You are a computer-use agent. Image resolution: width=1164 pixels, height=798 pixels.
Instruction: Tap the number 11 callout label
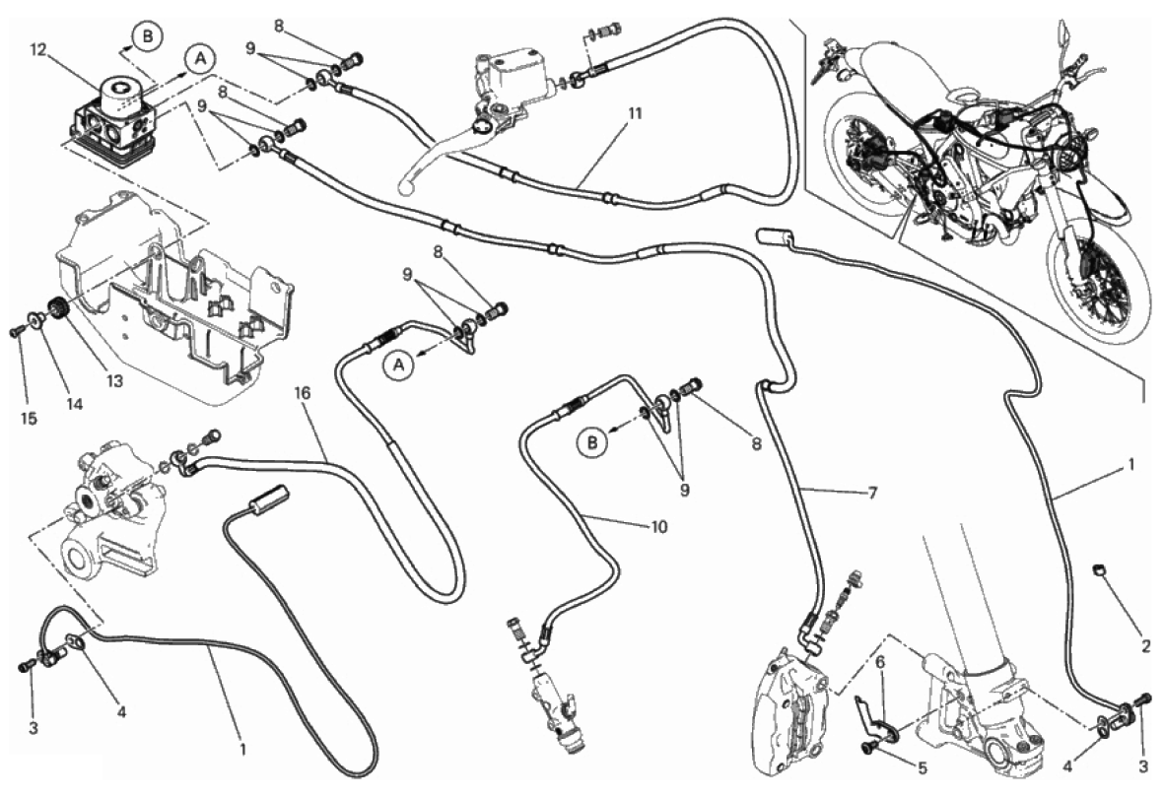pyautogui.click(x=634, y=113)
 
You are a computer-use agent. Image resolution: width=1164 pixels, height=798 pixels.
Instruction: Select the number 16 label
pyautogui.click(x=303, y=392)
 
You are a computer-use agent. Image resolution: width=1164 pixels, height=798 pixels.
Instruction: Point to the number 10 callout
pyautogui.click(x=658, y=527)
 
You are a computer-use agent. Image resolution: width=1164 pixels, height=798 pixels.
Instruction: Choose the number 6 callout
pyautogui.click(x=882, y=664)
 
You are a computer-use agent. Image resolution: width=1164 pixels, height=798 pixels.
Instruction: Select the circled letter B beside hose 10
pyautogui.click(x=592, y=444)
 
